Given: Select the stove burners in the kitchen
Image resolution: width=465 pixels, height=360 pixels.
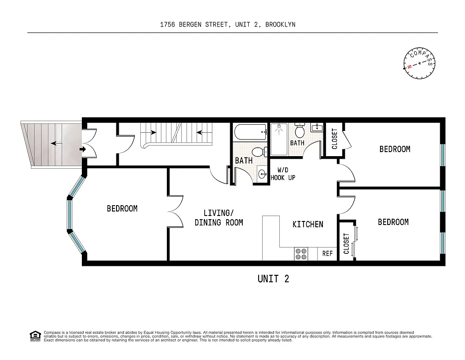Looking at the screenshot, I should point(301,254).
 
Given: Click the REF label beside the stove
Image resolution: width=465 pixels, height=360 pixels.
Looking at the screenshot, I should point(327,254).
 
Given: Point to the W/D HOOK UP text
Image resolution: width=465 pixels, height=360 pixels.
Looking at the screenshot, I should point(283,174).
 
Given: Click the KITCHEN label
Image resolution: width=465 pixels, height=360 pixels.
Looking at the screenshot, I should point(308,224).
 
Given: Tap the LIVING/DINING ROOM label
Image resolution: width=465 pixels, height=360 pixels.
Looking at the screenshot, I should point(219,218).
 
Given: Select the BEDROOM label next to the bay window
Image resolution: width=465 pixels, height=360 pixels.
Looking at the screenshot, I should point(122,209).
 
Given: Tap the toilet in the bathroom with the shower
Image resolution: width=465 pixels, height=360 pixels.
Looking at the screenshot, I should point(300,130).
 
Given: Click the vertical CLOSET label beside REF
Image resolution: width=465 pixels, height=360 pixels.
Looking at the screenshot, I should point(346,243).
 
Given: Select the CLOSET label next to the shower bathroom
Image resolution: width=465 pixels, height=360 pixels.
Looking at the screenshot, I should point(334,139).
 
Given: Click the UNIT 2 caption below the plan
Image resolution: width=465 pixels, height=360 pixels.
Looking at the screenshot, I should point(273,279).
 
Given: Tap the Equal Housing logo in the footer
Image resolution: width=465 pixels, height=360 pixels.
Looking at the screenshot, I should point(35,336).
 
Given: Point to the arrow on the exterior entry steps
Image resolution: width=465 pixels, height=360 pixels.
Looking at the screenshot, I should point(57,144).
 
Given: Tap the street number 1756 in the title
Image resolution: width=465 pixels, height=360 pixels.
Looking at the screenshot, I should point(169,25).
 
